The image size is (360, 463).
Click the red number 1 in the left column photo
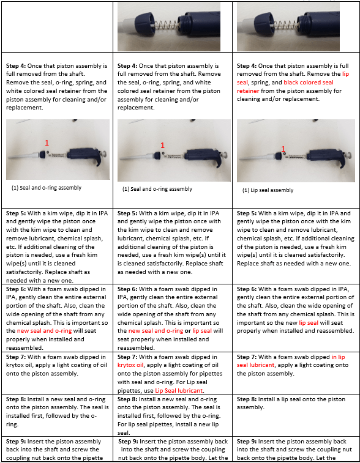45,143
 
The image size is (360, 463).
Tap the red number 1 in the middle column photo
162,146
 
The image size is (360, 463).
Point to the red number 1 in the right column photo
283,149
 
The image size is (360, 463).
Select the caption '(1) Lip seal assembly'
268,190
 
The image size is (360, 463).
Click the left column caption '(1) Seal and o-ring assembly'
47,188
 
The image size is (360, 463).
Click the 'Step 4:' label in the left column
18,65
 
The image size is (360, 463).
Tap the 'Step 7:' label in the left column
18,357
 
